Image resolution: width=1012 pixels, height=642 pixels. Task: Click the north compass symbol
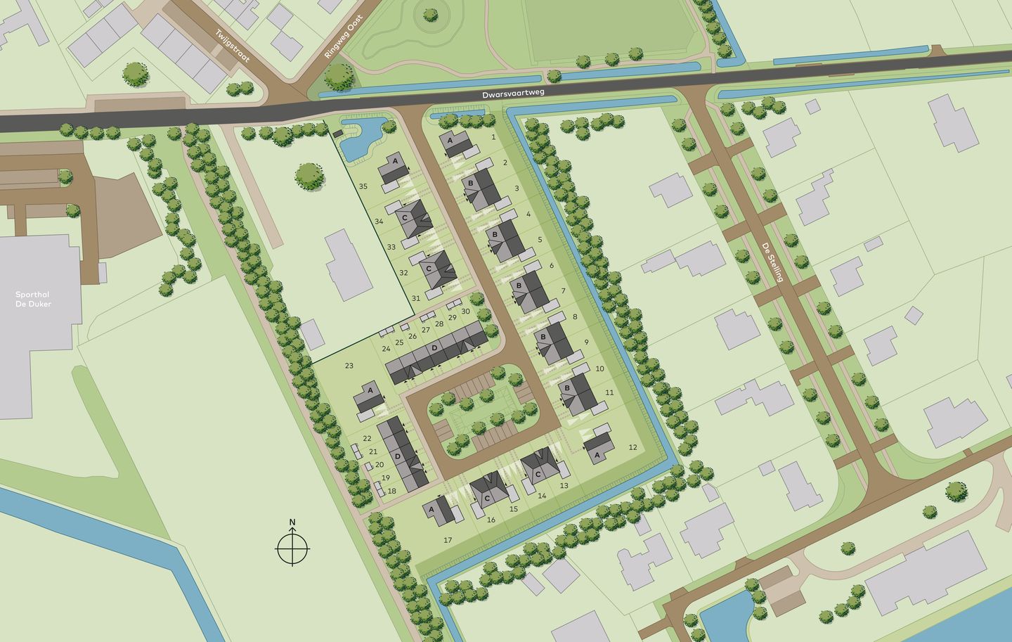[292, 546]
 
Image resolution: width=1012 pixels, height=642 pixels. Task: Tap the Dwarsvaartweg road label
[513, 92]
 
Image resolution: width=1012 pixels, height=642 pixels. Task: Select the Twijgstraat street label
[233, 46]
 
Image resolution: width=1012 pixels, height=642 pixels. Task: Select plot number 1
[494, 137]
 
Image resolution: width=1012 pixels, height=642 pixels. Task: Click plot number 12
[632, 447]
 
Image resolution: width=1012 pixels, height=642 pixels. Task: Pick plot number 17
[448, 540]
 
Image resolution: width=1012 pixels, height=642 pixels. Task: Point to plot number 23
[349, 366]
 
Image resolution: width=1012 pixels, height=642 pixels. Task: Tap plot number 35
[363, 186]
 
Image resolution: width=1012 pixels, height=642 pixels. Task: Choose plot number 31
[415, 298]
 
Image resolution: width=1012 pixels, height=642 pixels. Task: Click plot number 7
[564, 290]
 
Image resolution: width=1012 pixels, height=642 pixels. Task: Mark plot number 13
[564, 486]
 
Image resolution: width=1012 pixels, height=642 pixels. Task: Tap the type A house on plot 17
[440, 510]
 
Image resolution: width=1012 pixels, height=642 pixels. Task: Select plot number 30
[465, 312]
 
